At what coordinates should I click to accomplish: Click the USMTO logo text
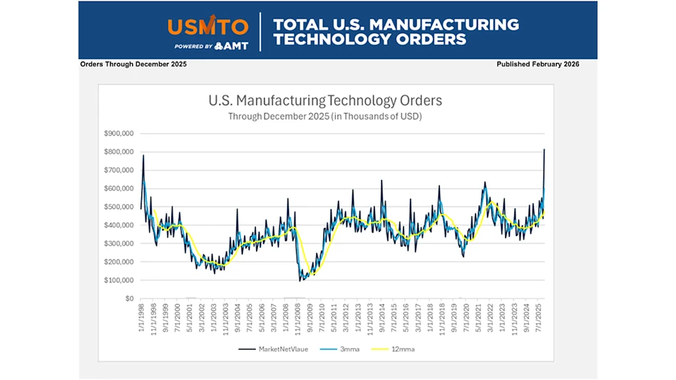[208, 26]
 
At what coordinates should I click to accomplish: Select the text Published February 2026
[538, 64]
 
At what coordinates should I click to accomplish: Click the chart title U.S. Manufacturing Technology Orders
[324, 101]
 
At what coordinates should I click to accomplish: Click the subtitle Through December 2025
[324, 116]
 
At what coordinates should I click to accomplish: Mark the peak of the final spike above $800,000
[544, 149]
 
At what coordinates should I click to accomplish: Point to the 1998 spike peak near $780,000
[143, 155]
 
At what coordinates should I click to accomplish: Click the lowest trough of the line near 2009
[300, 280]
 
